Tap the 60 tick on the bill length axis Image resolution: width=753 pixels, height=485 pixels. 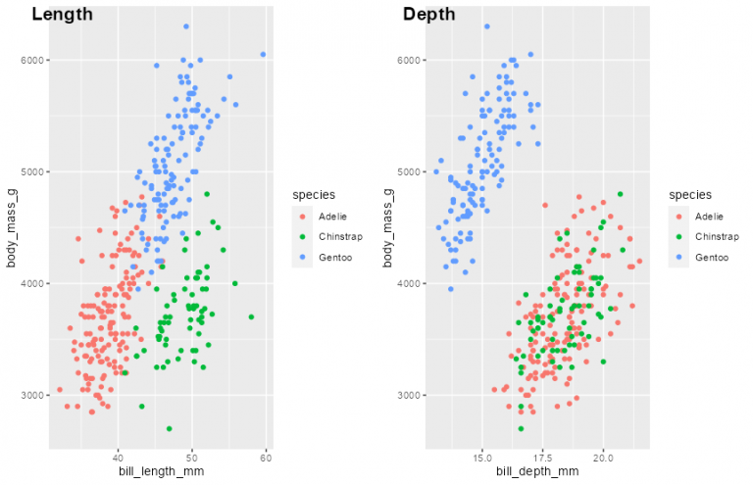(266, 457)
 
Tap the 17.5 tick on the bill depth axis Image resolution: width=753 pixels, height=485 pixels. (543, 457)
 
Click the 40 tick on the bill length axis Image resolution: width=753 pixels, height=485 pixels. (118, 457)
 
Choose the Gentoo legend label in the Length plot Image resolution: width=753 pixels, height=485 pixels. (334, 258)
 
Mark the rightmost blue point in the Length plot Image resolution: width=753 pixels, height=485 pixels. (263, 54)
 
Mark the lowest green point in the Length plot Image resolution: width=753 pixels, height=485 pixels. (170, 428)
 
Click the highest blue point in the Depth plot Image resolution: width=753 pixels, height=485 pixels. (486, 26)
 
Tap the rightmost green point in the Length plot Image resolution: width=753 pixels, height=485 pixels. (251, 316)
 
